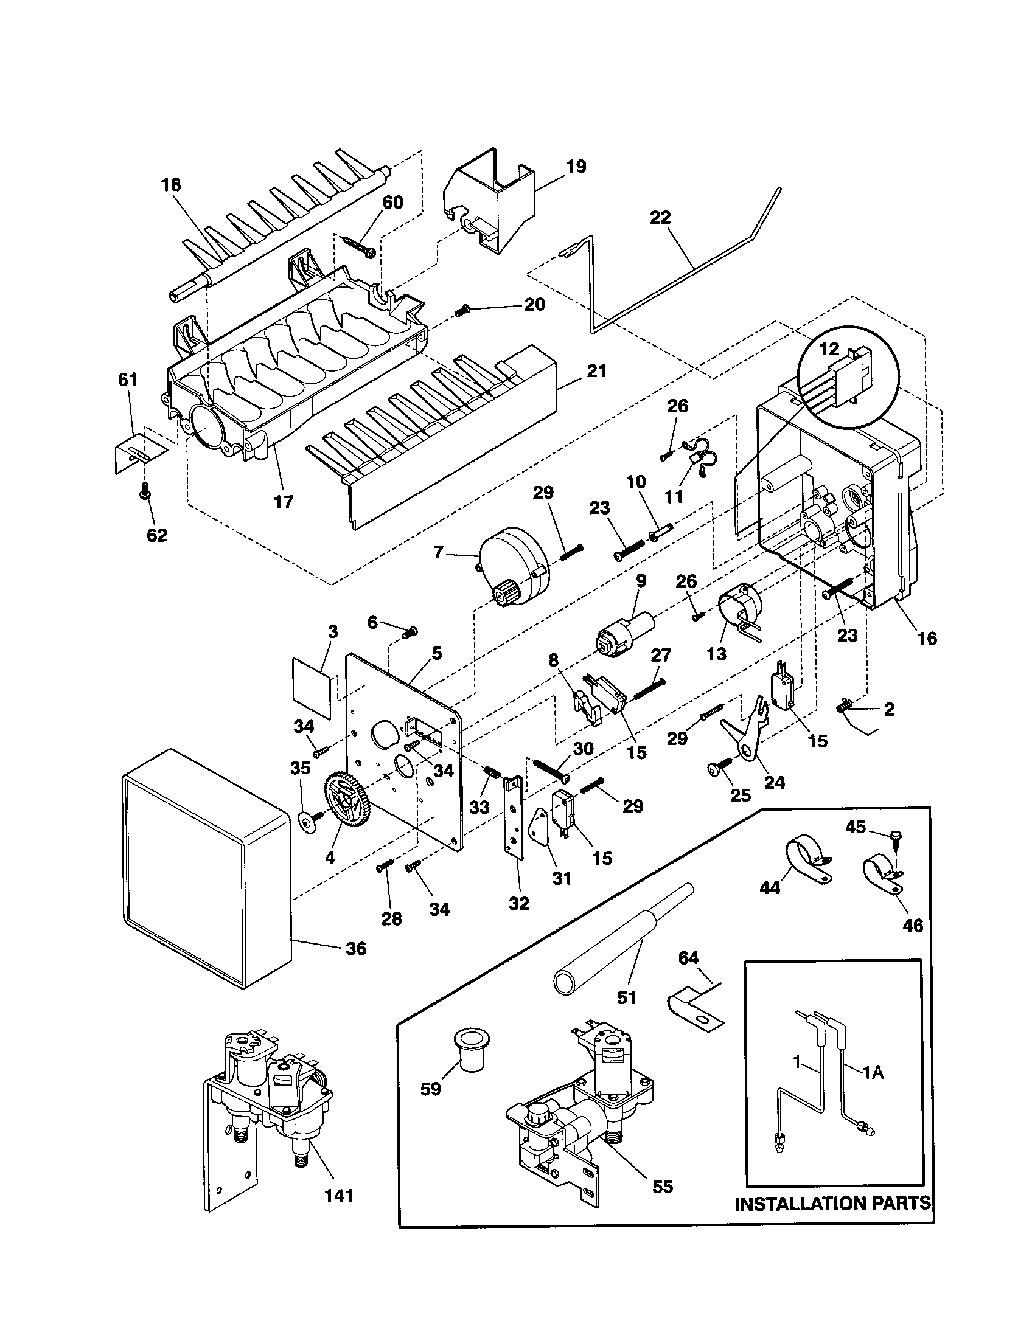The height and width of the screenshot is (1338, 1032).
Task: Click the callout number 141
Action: [x=339, y=1195]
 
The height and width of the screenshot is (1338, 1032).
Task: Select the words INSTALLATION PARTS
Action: [x=832, y=1203]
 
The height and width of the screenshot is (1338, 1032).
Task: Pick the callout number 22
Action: [x=660, y=218]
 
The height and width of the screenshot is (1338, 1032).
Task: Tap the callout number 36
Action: [x=355, y=949]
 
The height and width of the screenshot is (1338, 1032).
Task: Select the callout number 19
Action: [x=576, y=166]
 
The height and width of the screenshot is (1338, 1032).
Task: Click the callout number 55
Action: [x=663, y=1187]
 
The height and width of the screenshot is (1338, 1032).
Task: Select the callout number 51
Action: [x=626, y=998]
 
